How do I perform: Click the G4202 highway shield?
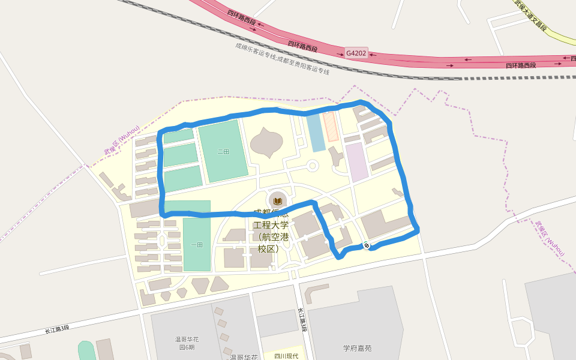356,53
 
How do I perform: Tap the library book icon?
277,200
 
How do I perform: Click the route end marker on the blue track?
366,245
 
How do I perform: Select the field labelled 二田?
223,151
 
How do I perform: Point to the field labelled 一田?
197,244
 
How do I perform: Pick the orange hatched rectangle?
331,126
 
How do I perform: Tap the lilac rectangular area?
356,162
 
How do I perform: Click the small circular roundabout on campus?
312,165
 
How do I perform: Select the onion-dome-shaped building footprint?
266,143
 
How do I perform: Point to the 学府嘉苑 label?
358,347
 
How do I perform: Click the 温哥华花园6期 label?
186,343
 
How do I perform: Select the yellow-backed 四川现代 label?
286,356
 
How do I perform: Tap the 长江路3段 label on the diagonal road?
57,329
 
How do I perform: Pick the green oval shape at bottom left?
86,351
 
